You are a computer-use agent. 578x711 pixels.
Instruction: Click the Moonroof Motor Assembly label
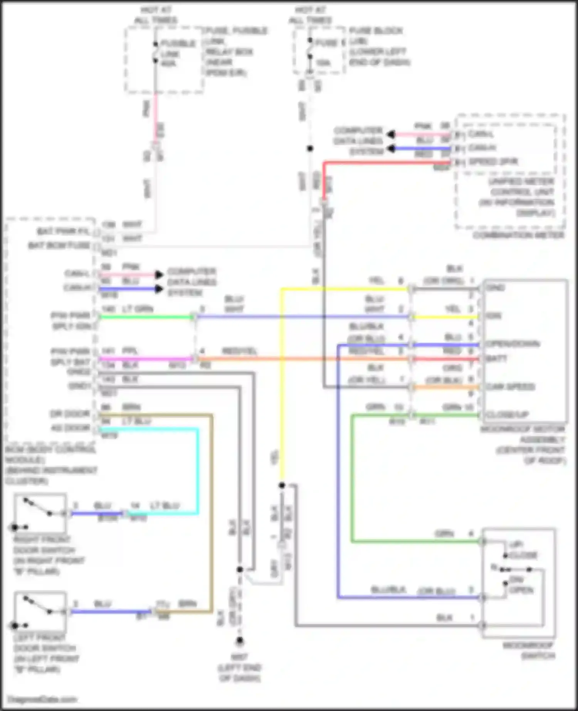[523, 444]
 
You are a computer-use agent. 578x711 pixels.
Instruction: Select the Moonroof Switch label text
[528, 650]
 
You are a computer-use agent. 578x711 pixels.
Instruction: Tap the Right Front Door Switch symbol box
[40, 513]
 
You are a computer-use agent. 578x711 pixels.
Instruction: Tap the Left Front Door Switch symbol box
[40, 611]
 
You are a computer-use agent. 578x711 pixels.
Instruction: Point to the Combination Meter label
[519, 235]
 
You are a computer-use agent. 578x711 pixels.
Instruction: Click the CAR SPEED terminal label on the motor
[510, 387]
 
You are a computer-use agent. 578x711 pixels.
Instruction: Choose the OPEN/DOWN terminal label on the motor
[512, 344]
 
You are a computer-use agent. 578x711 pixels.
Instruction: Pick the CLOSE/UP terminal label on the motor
[507, 415]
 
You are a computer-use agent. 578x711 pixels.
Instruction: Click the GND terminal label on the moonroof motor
[495, 288]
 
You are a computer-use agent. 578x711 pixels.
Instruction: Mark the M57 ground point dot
[240, 641]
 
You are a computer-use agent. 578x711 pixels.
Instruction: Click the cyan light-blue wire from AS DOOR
[198, 470]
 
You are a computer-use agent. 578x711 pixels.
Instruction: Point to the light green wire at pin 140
[146, 317]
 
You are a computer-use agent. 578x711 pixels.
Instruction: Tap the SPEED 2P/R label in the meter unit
[493, 161]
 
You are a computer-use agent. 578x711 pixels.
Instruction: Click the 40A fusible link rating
[168, 64]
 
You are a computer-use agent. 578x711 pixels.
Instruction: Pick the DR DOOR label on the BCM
[70, 414]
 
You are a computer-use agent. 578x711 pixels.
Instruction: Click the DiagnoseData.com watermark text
[42, 699]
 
